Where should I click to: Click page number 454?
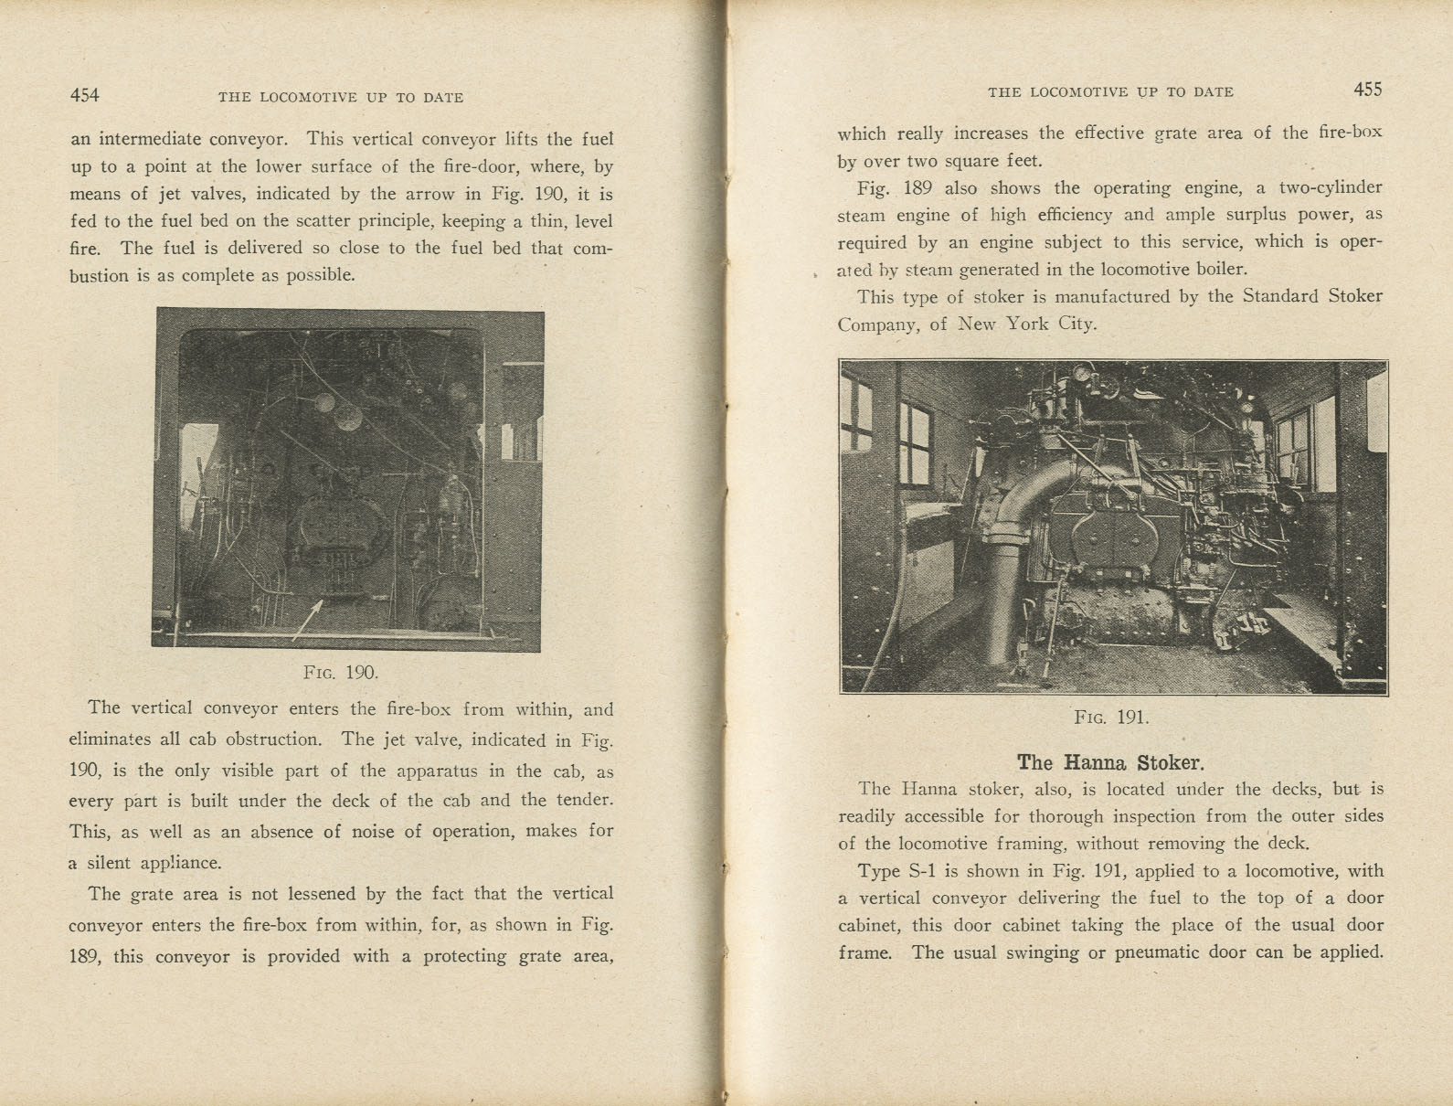click(x=84, y=95)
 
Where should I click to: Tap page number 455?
click(x=1367, y=90)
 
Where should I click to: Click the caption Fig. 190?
click(x=340, y=673)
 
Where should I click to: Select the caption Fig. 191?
click(x=1111, y=717)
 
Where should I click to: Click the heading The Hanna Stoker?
click(x=1110, y=762)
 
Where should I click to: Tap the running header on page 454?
click(x=340, y=97)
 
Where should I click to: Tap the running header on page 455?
click(x=1110, y=92)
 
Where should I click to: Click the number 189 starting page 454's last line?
click(x=87, y=956)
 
